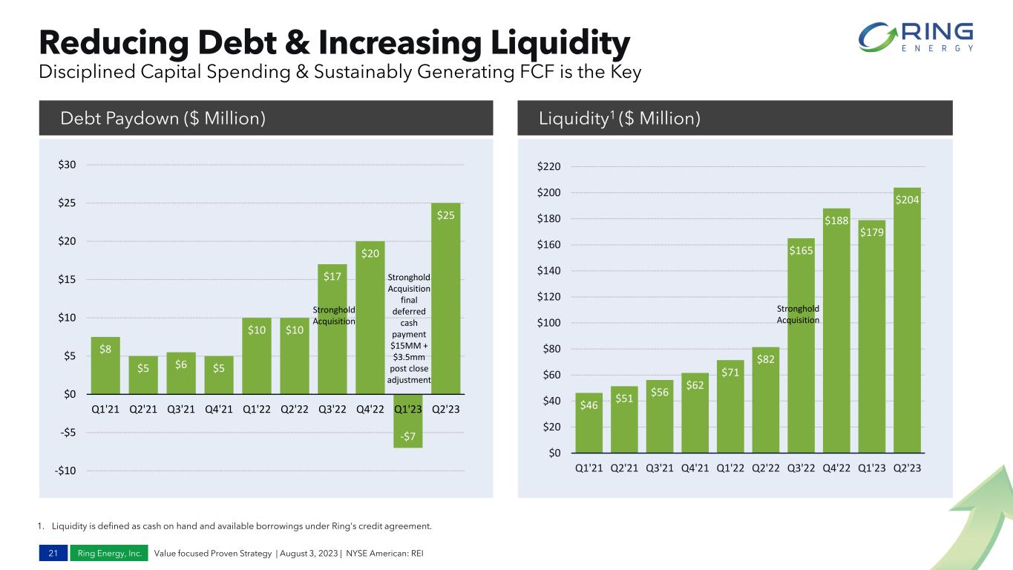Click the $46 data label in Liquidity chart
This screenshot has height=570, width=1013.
589,405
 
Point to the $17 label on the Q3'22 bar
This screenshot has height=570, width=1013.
332,277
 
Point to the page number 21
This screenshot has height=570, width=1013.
52,553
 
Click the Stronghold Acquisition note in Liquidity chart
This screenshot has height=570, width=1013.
798,314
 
